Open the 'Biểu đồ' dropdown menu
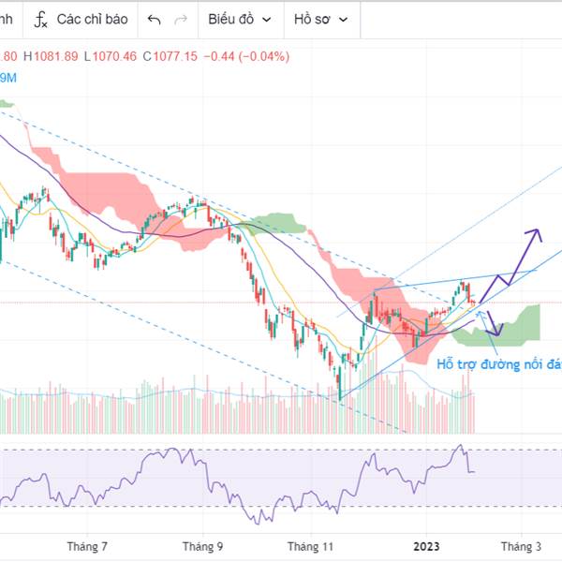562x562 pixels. pyautogui.click(x=240, y=19)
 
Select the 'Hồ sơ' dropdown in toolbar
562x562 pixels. pyautogui.click(x=320, y=19)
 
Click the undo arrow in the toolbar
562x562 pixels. pyautogui.click(x=155, y=19)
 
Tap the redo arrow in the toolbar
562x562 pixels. pyautogui.click(x=181, y=19)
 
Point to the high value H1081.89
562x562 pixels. pyautogui.click(x=52, y=56)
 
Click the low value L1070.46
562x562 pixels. pyautogui.click(x=111, y=56)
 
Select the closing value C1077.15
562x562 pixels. pyautogui.click(x=170, y=56)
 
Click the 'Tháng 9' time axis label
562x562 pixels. pyautogui.click(x=203, y=546)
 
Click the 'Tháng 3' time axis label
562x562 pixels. pyautogui.click(x=522, y=546)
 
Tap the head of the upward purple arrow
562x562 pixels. pyautogui.click(x=537, y=231)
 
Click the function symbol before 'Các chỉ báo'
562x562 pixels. pyautogui.click(x=40, y=19)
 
